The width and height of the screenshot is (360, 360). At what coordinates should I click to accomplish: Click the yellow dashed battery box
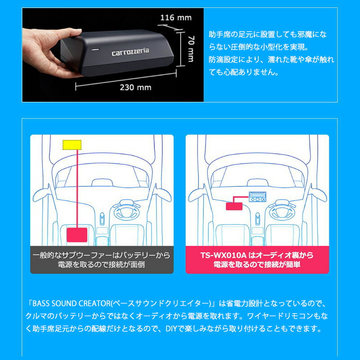[72, 144]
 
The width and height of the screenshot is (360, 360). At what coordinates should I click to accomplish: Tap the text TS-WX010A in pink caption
[220, 255]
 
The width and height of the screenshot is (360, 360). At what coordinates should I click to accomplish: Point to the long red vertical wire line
[77, 189]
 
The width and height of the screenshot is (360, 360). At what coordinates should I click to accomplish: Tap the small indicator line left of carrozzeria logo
[95, 48]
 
